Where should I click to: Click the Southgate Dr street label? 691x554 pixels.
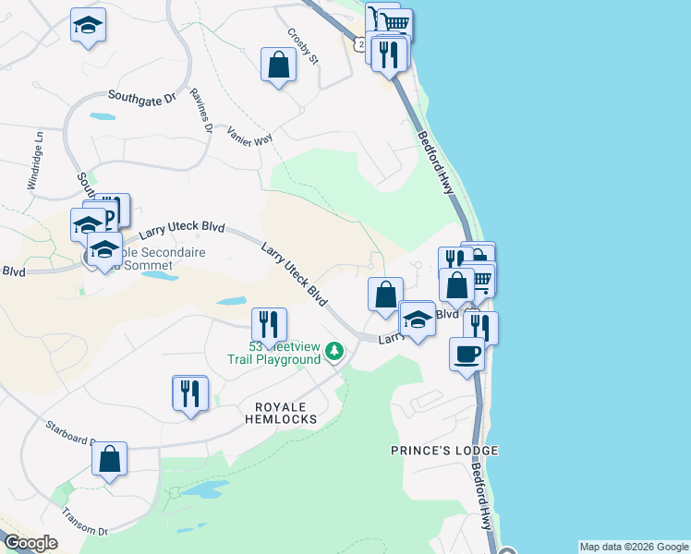click(141, 96)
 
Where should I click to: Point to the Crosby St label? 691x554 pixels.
click(302, 46)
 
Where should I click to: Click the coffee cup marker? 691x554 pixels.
click(467, 353)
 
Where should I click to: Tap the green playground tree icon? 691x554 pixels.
click(334, 350)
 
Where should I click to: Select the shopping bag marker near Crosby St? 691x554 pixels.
click(278, 65)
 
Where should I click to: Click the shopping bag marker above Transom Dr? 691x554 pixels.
click(109, 459)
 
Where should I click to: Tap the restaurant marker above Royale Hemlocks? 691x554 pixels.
click(190, 392)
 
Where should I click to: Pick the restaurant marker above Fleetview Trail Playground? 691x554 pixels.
click(270, 323)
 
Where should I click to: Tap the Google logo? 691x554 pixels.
click(30, 543)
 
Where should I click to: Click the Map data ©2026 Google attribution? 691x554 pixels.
click(633, 547)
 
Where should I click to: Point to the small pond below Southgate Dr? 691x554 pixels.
click(103, 117)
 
